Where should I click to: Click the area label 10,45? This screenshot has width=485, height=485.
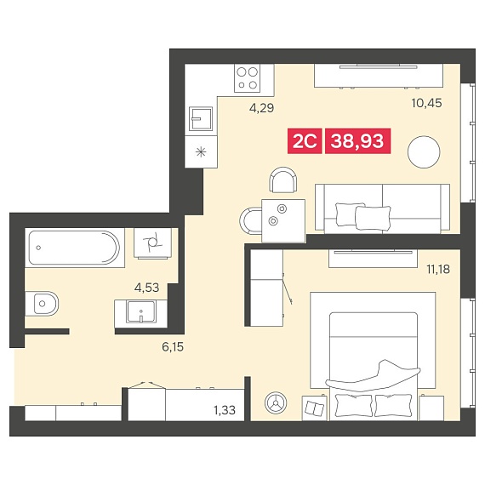click(426, 103)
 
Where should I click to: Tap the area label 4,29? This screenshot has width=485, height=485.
click(261, 108)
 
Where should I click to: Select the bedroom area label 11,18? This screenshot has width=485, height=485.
click(438, 270)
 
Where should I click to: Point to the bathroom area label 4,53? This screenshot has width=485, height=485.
click(146, 288)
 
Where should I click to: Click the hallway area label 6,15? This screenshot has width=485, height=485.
click(173, 347)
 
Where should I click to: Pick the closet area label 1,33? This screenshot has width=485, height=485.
click(225, 410)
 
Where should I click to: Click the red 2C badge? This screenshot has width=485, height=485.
click(305, 141)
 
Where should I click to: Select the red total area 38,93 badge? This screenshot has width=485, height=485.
click(357, 141)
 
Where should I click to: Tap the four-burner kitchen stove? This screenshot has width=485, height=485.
click(247, 78)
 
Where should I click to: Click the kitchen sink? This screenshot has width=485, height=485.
click(201, 118)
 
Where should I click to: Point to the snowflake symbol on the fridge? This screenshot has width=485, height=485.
click(201, 151)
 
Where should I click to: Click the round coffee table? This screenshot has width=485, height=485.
click(424, 152)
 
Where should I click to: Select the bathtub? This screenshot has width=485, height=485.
click(74, 248)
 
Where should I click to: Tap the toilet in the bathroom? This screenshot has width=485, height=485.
click(42, 304)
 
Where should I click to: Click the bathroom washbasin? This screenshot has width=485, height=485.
click(141, 311)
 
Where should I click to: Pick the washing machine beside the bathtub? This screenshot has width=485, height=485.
click(153, 243)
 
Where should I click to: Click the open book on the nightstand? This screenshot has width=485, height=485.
click(315, 408)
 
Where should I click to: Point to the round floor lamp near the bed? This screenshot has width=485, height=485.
click(276, 403)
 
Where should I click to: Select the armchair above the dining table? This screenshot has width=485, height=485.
click(283, 180)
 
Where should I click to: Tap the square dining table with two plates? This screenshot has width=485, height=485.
click(283, 220)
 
